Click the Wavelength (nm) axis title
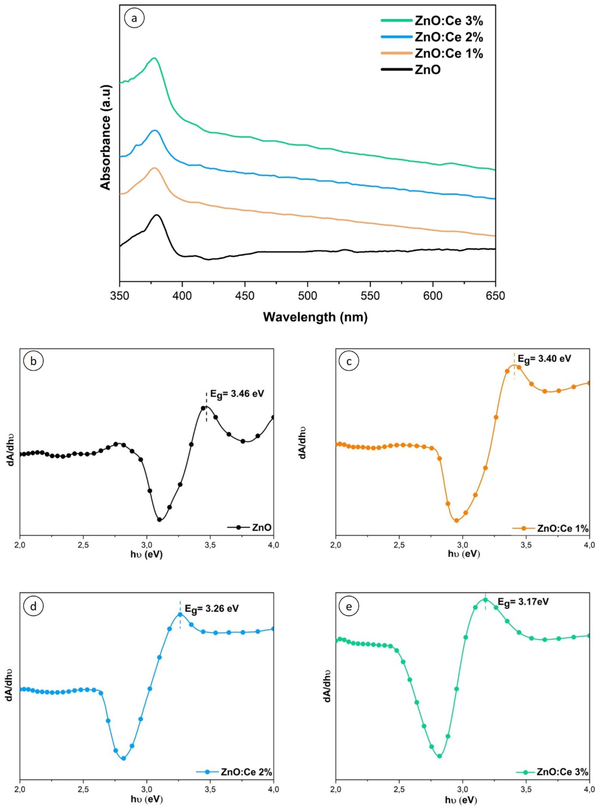click(315, 317)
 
